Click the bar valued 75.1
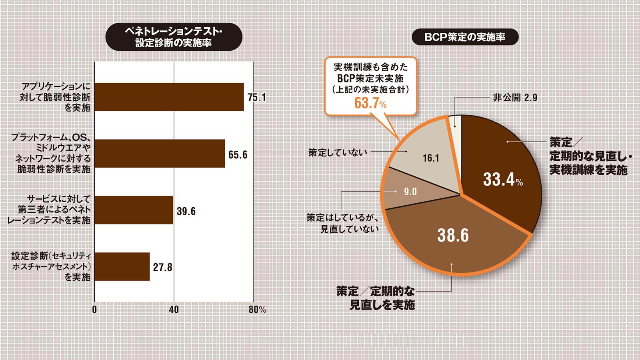(169, 97)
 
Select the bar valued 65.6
(160, 154)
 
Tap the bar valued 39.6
(134, 210)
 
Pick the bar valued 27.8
(122, 266)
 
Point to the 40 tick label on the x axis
(174, 310)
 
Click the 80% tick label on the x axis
(257, 310)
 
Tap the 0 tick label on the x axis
(94, 310)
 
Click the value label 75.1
(256, 97)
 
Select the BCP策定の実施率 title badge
(465, 37)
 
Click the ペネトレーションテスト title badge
(174, 37)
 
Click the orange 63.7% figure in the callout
(370, 103)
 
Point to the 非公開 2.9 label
(515, 98)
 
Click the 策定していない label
(338, 152)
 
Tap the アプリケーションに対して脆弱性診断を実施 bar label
(55, 97)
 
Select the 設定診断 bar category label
(51, 266)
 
